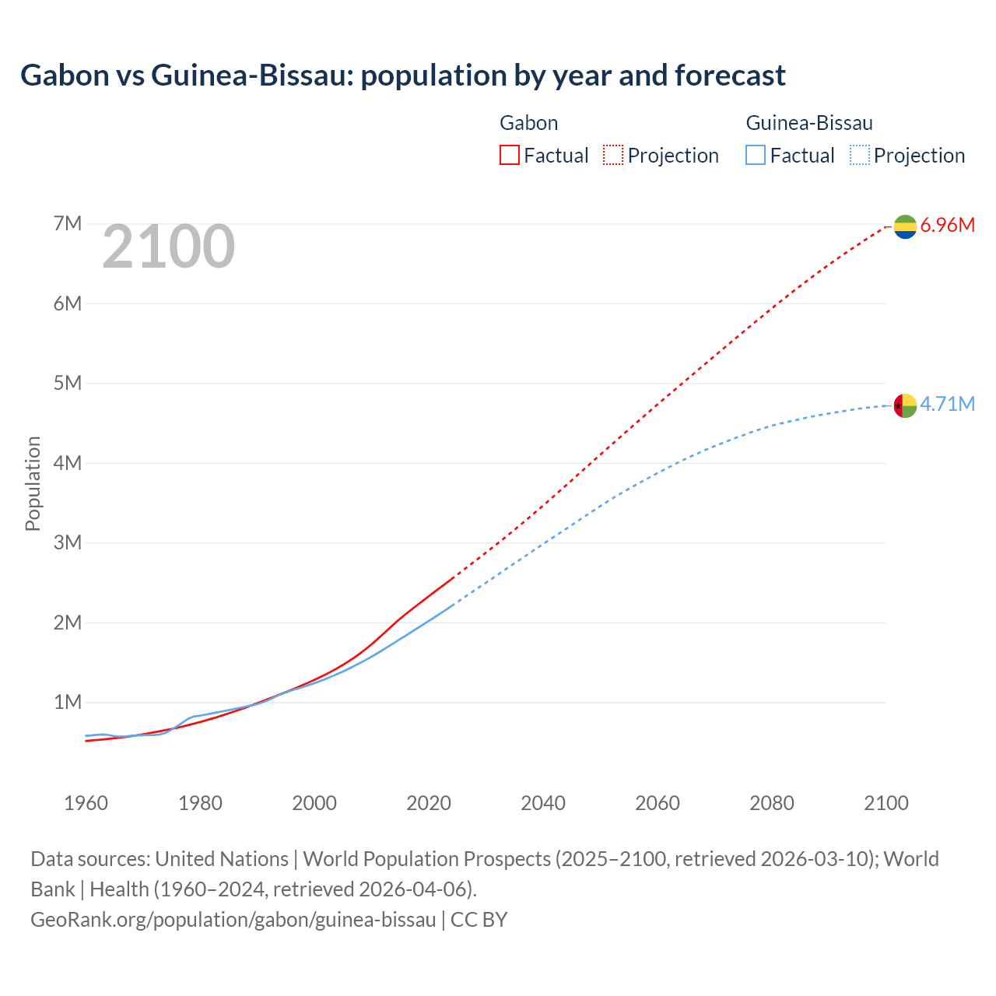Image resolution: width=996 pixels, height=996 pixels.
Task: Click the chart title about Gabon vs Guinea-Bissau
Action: click(x=402, y=75)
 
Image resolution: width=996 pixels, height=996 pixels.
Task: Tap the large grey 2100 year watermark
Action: click(x=168, y=247)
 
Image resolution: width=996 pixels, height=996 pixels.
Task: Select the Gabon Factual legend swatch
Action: click(x=510, y=155)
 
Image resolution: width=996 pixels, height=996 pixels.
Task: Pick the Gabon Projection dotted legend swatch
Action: click(x=613, y=155)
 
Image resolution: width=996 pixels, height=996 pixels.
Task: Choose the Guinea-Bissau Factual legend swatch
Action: click(x=756, y=155)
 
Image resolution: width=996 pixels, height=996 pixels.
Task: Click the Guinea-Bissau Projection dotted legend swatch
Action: click(x=859, y=155)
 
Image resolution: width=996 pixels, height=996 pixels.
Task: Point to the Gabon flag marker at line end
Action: click(x=905, y=226)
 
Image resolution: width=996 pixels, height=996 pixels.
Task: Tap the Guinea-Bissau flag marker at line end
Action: click(x=905, y=405)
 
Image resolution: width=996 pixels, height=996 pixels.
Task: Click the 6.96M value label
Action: click(x=947, y=226)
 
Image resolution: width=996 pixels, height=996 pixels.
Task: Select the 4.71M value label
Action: click(x=947, y=404)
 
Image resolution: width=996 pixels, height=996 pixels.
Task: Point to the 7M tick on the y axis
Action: click(x=68, y=224)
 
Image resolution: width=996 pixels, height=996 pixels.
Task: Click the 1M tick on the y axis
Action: click(x=68, y=703)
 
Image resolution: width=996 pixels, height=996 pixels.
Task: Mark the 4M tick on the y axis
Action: click(x=68, y=463)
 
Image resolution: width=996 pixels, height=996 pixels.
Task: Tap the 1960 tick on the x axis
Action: click(x=86, y=803)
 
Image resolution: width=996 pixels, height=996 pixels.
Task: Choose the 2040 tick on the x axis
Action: click(x=543, y=803)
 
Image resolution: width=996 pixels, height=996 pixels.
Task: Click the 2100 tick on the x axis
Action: click(x=886, y=803)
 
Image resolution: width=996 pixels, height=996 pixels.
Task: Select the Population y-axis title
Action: click(x=33, y=483)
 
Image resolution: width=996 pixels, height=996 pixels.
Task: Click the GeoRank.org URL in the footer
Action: click(x=233, y=920)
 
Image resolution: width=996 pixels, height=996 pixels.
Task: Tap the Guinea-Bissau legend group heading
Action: click(x=809, y=123)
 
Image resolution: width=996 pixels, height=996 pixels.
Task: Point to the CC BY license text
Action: click(x=479, y=920)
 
